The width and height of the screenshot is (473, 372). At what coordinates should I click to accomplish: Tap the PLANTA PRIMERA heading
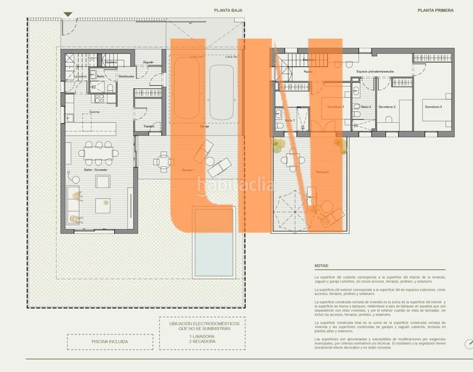[436, 10]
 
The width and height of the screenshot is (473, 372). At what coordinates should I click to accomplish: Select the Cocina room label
[94, 112]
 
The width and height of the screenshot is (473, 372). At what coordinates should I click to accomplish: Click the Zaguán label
[148, 62]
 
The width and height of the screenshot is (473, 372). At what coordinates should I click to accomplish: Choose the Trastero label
[148, 126]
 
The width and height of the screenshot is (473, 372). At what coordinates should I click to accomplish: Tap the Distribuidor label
[126, 76]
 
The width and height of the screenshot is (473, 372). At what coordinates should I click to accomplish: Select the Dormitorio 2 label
[387, 107]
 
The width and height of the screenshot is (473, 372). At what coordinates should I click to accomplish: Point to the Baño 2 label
[366, 107]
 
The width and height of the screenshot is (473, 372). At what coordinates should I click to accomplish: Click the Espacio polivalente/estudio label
[374, 72]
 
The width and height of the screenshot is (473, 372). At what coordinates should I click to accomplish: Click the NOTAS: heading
[322, 265]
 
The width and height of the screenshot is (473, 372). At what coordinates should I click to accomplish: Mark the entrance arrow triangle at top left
[68, 14]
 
